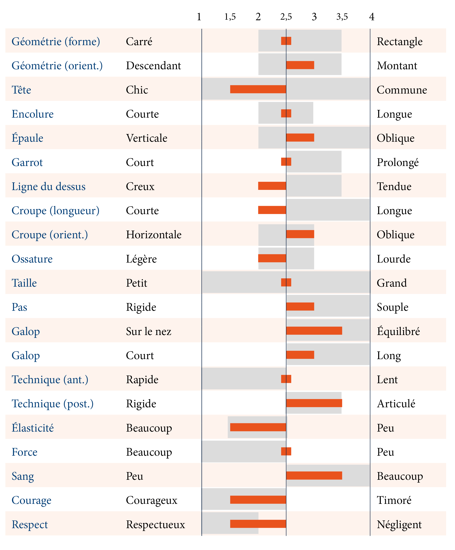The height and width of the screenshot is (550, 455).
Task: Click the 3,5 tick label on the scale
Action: (x=342, y=17)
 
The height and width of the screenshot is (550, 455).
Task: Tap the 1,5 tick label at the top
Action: (x=230, y=17)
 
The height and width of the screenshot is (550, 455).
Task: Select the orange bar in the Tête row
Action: (x=258, y=89)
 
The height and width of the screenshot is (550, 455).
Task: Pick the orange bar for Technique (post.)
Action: (x=314, y=403)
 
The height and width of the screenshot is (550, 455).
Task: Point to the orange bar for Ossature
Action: (x=272, y=258)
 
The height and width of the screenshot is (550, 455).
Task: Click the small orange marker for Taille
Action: (x=286, y=282)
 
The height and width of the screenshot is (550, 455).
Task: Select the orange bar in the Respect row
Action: (x=258, y=523)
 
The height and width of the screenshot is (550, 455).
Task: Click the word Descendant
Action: (x=153, y=66)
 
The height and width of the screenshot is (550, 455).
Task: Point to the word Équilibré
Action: (x=398, y=331)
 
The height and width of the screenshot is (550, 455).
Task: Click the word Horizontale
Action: (x=153, y=235)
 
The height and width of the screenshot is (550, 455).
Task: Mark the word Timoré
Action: (x=394, y=500)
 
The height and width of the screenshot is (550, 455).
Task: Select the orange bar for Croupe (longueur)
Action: (x=272, y=210)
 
